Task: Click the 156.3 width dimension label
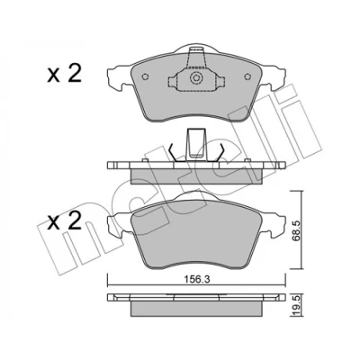click(196, 279)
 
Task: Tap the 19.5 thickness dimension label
click(296, 305)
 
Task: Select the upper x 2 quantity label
click(64, 75)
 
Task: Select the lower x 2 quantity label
click(64, 221)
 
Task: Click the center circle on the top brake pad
click(195, 78)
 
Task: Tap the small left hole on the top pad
click(145, 76)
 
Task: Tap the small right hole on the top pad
click(247, 76)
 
